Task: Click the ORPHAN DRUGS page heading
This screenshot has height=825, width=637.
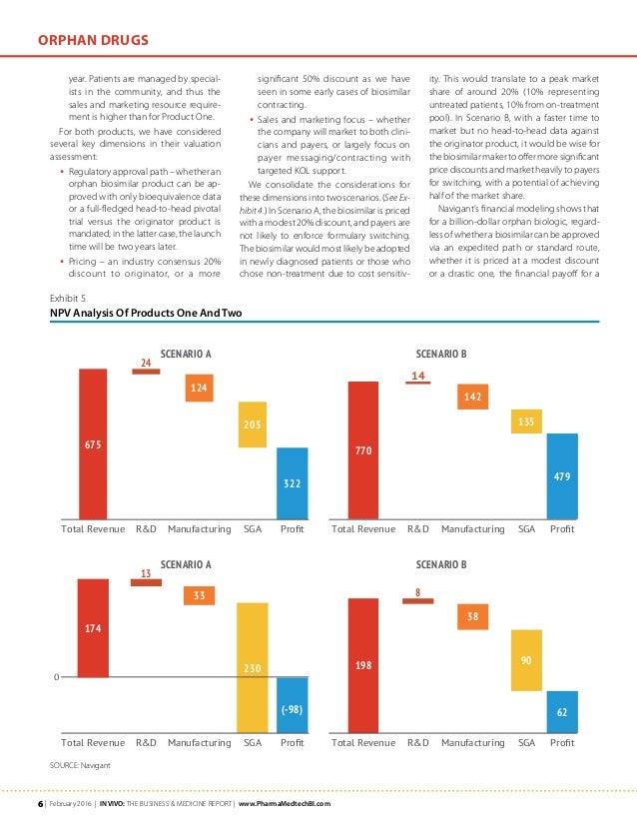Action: [94, 40]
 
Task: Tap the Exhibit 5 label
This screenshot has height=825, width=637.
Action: [69, 298]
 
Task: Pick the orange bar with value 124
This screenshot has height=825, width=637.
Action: [200, 387]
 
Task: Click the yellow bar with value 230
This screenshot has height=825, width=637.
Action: [253, 664]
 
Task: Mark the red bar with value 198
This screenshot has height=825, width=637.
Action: [362, 665]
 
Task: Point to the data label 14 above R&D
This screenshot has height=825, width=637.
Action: [418, 377]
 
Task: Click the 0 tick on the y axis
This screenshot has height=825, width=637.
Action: [57, 678]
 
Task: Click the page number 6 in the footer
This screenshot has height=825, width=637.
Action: [41, 804]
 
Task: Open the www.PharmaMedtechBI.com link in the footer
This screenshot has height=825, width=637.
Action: [283, 804]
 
